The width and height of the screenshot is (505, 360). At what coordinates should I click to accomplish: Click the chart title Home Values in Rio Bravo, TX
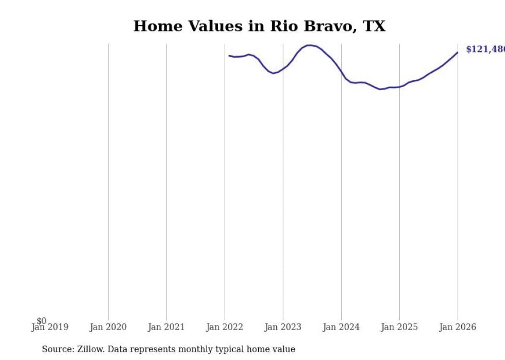tap(259, 26)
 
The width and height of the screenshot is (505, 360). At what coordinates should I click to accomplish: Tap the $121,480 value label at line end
tap(485, 49)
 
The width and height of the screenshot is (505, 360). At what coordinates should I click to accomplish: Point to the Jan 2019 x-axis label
tap(50, 327)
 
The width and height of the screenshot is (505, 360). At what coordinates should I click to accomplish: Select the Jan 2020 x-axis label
tap(108, 327)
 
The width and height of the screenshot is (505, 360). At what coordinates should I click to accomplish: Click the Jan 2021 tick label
tap(166, 327)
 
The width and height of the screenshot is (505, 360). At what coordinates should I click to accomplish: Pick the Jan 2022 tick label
tap(225, 327)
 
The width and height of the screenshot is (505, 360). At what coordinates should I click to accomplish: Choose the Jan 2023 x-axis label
tap(283, 327)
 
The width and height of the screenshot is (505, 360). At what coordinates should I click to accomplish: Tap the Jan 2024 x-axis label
tap(341, 327)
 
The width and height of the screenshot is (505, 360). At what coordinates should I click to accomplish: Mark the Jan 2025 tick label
tap(399, 327)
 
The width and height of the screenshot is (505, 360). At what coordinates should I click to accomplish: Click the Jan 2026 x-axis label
tap(458, 327)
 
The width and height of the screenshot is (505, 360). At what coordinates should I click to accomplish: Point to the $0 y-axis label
tap(41, 321)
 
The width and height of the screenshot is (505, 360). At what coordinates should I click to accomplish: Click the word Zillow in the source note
tap(89, 349)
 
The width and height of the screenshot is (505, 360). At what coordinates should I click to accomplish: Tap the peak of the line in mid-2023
tap(310, 45)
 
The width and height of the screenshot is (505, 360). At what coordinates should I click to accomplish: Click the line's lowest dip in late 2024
tap(381, 89)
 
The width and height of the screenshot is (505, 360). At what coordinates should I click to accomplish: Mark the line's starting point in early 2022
tap(229, 56)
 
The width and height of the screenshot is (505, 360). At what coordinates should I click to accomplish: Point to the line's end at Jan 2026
tap(457, 52)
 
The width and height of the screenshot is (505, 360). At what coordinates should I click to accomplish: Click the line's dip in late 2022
tap(274, 73)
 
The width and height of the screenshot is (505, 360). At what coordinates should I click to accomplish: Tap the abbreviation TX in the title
tap(374, 26)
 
